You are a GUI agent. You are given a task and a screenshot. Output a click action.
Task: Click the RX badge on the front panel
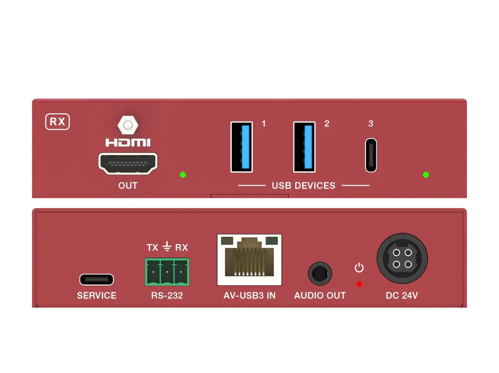pos(58,122)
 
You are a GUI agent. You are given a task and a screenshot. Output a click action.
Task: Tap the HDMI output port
pos(128,163)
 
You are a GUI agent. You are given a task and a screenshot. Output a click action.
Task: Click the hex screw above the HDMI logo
pos(128,125)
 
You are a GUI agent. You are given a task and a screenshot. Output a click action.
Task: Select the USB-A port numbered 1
pos(242,147)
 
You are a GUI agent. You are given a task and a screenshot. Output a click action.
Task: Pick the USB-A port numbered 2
pos(305,147)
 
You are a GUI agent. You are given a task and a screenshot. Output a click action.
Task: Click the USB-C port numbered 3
pos(371,155)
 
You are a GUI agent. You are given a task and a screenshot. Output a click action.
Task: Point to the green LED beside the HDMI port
pos(183,175)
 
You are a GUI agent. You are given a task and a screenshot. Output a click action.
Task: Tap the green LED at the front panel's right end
pos(426,175)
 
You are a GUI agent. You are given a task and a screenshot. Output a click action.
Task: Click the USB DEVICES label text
pos(304,186)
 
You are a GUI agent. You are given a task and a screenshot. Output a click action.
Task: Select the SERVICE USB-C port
pos(96,280)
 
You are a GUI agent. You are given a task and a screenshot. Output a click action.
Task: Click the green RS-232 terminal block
pos(167,272)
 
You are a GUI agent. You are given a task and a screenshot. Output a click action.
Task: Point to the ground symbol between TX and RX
pos(167,247)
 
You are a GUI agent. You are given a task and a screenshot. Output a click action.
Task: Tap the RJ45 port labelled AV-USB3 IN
pos(249,260)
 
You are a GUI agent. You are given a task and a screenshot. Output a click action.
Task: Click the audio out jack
pos(320,274)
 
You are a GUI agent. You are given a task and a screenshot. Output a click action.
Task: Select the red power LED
pos(359,284)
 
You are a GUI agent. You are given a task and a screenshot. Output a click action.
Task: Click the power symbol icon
pos(359,267)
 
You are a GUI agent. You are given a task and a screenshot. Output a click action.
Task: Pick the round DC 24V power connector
pos(402,258)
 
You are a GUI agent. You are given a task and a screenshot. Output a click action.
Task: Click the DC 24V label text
pos(402,296)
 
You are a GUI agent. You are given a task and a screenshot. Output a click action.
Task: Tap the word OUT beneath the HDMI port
pos(128,186)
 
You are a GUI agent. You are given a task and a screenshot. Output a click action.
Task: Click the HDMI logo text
pos(128,142)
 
